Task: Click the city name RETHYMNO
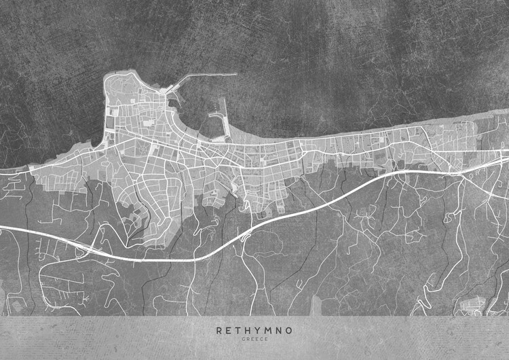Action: (254, 331)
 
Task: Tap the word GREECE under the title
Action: (254, 340)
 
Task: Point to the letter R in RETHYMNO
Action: (219, 331)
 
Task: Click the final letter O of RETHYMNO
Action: (290, 331)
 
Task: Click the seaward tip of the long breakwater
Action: (235, 75)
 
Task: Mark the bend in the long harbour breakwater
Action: (185, 77)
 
